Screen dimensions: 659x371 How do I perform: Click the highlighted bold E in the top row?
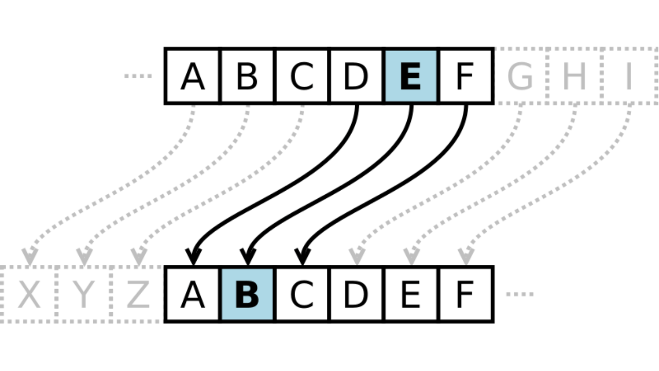[411, 76]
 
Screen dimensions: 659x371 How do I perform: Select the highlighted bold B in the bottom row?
[247, 294]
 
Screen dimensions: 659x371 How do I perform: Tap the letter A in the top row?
[193, 76]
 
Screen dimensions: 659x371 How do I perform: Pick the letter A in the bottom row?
[193, 294]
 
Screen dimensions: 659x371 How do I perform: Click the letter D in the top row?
[356, 76]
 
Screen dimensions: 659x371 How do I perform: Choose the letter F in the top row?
[465, 76]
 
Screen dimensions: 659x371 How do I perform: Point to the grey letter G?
[520, 76]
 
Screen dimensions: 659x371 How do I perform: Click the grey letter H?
[574, 76]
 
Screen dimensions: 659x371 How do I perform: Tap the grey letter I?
[629, 76]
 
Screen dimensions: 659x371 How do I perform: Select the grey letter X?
[29, 294]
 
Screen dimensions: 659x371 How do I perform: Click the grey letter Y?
[84, 294]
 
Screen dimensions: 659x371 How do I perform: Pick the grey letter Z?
[138, 294]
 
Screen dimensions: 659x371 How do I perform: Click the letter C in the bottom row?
[302, 294]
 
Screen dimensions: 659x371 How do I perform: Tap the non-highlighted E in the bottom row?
[411, 294]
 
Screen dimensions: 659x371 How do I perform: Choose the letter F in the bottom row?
[465, 294]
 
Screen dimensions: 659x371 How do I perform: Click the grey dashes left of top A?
[138, 76]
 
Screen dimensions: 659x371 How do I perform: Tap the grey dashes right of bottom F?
[520, 294]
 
